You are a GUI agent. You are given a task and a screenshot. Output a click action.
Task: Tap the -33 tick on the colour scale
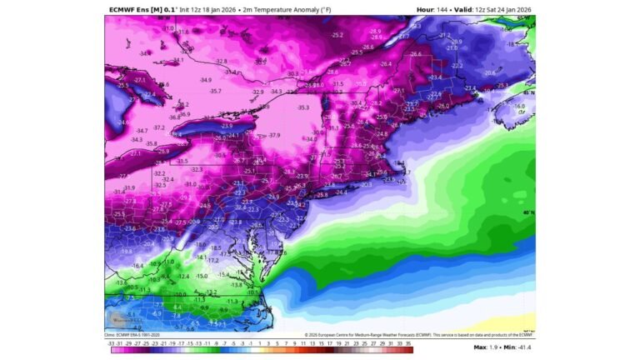click(x=112, y=342)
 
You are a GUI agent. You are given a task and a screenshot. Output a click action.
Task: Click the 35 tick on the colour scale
click(x=408, y=342)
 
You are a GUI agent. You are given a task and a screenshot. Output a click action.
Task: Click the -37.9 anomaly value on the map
click(x=274, y=135)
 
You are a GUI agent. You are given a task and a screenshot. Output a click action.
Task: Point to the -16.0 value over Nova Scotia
click(x=519, y=107)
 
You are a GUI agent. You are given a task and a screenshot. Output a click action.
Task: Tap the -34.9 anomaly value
click(x=205, y=80)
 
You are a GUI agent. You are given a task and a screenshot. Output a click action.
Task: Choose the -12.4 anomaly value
click(x=182, y=276)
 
